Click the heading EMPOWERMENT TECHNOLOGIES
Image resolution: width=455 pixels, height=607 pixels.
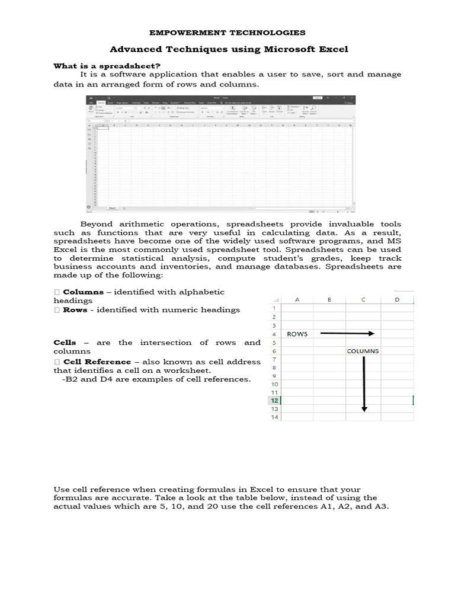coord(227,33)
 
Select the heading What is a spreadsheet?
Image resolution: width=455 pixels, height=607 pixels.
coord(107,66)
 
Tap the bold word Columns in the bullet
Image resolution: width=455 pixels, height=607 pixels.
coord(83,292)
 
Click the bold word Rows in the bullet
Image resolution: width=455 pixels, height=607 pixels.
coord(75,309)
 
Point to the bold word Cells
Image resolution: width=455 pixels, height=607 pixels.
coord(65,343)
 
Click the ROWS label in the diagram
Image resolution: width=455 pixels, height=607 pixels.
coord(297,334)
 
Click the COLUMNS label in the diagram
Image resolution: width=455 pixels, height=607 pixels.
coord(363,351)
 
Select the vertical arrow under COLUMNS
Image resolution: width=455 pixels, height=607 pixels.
coord(364,384)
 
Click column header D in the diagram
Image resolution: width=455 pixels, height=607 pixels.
coord(397,299)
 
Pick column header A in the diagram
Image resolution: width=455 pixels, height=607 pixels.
coord(297,299)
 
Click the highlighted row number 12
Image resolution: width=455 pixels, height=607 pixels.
coord(274,401)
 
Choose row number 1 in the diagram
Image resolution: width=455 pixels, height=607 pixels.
coord(274,308)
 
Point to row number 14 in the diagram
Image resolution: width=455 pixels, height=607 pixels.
coord(274,417)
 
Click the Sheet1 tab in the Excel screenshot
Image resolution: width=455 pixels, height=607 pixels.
coord(112,208)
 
